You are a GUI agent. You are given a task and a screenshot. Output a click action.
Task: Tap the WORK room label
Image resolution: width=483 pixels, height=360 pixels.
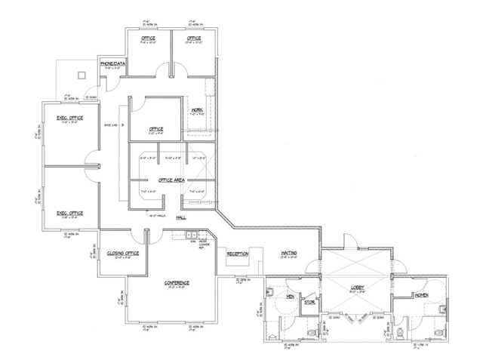198,111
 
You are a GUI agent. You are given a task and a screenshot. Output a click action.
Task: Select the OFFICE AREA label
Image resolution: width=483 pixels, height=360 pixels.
172,180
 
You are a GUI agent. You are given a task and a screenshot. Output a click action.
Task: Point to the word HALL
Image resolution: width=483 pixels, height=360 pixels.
180,217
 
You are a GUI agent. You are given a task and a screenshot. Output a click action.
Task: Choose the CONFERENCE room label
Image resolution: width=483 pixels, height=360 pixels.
177,282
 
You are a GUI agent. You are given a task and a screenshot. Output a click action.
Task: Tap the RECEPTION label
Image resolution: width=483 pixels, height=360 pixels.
238,254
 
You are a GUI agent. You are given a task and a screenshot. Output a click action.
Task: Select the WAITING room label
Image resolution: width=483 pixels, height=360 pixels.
288,254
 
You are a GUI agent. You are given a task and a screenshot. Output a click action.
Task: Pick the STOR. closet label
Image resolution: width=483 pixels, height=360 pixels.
309,303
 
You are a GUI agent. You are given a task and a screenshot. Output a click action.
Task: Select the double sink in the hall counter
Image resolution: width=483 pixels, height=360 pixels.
192,235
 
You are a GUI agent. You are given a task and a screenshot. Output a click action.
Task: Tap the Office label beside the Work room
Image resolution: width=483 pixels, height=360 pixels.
156,128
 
